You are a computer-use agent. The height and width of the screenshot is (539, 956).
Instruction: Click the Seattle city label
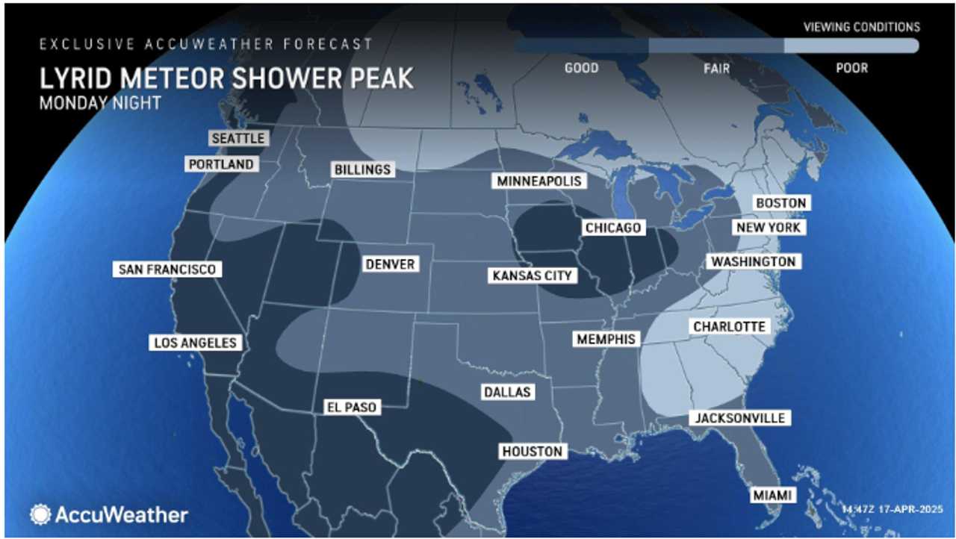(x=238, y=139)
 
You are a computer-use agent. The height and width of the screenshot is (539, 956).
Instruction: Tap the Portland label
(x=221, y=164)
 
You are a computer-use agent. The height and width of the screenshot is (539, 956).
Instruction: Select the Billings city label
(x=362, y=169)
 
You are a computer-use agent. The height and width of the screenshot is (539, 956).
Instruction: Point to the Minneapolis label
(x=538, y=181)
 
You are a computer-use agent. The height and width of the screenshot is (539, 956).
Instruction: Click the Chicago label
(x=613, y=228)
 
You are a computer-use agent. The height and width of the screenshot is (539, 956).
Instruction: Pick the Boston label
(x=780, y=203)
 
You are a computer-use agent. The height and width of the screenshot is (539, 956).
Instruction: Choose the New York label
(x=768, y=227)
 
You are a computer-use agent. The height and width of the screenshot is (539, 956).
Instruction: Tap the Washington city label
(x=753, y=262)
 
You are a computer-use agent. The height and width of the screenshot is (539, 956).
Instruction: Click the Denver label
(x=390, y=264)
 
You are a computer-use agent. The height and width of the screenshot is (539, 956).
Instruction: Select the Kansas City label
(x=532, y=275)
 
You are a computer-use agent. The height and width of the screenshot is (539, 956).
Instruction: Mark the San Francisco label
(x=167, y=269)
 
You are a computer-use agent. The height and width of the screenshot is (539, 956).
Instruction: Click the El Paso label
(x=350, y=407)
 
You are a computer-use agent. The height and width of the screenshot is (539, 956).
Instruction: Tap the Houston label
(x=532, y=451)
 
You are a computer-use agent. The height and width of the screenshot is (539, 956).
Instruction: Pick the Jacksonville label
(x=740, y=418)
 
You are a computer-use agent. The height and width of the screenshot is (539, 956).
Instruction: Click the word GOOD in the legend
(x=581, y=68)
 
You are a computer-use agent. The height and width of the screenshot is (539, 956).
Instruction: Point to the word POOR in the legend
(x=851, y=68)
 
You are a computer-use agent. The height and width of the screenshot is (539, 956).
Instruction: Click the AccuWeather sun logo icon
(x=40, y=514)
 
